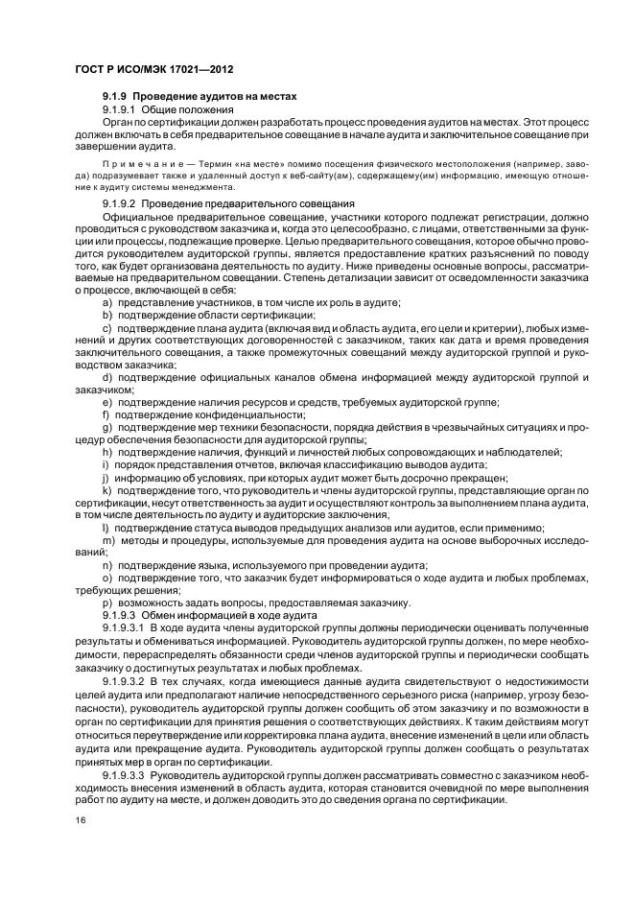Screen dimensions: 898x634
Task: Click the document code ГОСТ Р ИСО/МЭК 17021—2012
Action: (142, 71)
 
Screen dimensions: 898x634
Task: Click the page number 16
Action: (81, 820)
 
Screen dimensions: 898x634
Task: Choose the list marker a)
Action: (107, 302)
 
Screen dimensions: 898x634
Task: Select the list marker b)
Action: (107, 315)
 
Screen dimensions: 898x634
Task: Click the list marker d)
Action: (107, 377)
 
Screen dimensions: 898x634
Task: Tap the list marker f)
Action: (106, 414)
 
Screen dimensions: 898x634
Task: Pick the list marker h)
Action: (107, 452)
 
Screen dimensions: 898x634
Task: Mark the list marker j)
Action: (106, 477)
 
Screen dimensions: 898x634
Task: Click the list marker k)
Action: (107, 489)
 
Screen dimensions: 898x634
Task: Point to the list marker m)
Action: (108, 540)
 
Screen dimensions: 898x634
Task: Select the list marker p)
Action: (107, 603)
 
